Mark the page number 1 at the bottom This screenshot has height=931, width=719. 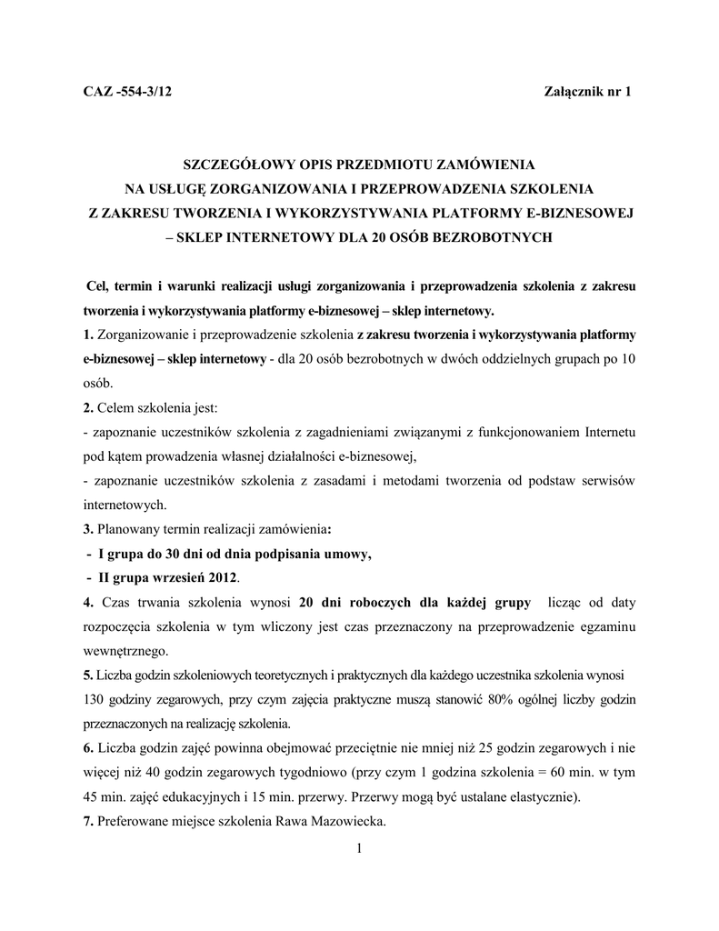click(359, 849)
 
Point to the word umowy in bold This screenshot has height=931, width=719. click(349, 554)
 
